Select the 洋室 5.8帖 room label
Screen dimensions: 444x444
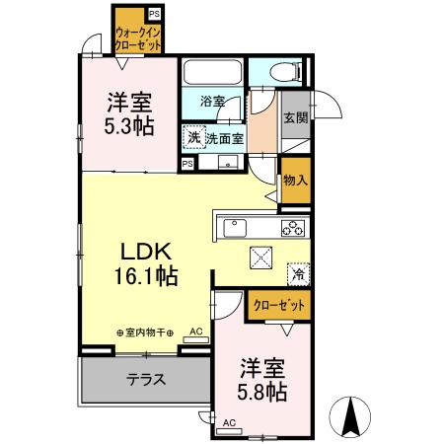pos(262,379)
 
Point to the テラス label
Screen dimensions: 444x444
pos(145,378)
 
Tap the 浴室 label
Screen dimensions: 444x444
pos(214,101)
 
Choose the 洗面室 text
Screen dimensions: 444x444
pos(224,139)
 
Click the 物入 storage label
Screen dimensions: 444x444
pos(294,181)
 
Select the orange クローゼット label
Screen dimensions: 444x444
pos(277,305)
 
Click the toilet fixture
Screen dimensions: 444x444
pos(279,72)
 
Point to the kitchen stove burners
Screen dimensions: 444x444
pos(293,229)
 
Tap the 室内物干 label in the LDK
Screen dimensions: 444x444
pos(146,333)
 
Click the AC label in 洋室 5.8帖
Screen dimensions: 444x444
pos(229,423)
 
